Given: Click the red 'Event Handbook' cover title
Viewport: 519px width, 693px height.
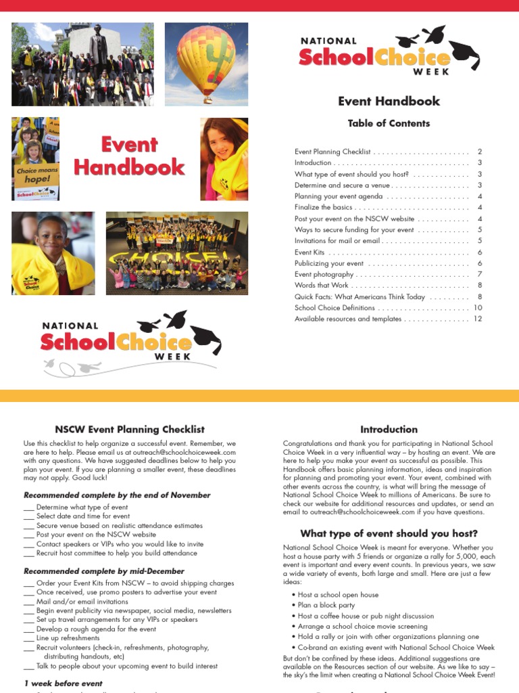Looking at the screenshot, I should pos(129,156).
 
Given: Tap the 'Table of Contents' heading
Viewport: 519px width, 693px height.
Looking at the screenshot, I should pos(389,123).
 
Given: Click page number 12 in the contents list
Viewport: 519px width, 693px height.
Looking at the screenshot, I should pos(477,319).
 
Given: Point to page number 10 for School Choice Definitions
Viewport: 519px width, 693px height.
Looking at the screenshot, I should pos(477,307).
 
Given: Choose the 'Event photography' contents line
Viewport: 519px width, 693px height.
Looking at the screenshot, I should pos(324,274).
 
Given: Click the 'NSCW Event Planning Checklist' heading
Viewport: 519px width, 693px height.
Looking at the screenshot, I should pos(129,429).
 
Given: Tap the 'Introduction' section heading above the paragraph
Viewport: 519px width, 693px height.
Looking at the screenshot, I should pos(389,429).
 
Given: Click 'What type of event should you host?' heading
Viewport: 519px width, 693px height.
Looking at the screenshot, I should pos(389,533).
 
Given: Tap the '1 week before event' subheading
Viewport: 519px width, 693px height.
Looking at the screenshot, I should pos(63,684).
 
